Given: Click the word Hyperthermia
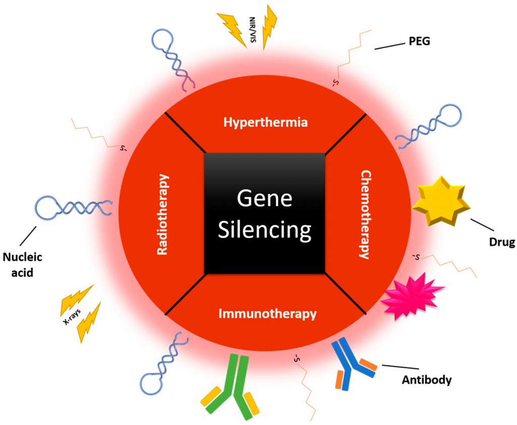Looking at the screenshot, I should [266, 123].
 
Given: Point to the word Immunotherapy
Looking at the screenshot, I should [267, 314].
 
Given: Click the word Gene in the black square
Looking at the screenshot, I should [265, 199].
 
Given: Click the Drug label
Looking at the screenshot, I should [501, 242].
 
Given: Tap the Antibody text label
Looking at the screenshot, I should [426, 379].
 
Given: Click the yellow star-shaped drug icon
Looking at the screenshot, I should [441, 201].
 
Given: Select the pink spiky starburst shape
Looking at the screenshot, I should [411, 297].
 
